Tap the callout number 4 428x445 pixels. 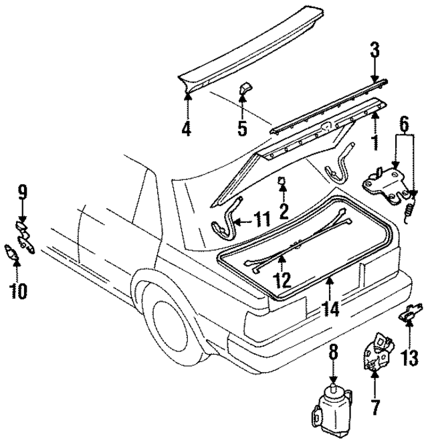187,126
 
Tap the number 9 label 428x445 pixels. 22,194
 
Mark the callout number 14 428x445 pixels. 330,309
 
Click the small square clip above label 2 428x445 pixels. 283,181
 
